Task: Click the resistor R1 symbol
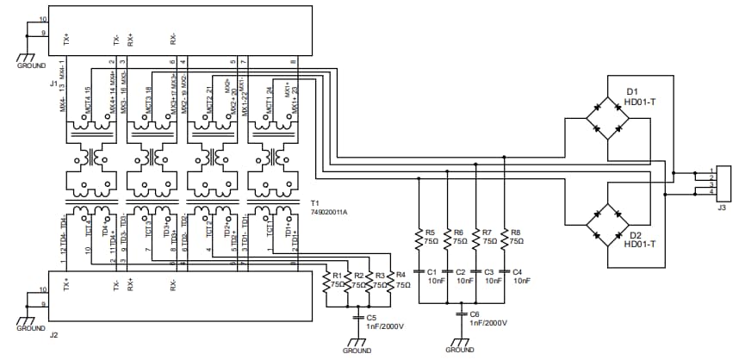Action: pos(326,282)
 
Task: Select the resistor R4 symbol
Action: pos(389,282)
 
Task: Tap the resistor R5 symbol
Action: pos(419,237)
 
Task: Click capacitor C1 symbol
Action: pos(419,271)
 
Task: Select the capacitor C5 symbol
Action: pos(359,318)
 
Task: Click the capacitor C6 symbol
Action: pos(462,314)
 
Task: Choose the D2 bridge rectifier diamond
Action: pos(606,225)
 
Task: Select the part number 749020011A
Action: pos(329,211)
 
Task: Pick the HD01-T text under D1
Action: pos(642,102)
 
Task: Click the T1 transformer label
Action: pos(314,202)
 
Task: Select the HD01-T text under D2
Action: pos(642,244)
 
